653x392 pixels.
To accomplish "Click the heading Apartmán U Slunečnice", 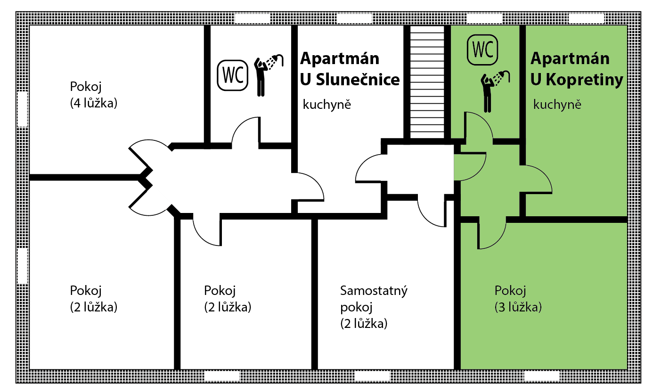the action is [x=350, y=69].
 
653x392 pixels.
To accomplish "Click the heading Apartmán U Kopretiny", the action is [x=577, y=69].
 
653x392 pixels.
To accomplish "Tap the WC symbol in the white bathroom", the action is [x=233, y=75].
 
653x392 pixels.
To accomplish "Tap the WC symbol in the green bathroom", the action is [x=482, y=49].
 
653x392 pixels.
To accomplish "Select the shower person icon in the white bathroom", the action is [x=268, y=75].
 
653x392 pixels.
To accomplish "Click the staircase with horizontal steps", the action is [x=427, y=82].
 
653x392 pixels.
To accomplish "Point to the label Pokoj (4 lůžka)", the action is [x=94, y=95].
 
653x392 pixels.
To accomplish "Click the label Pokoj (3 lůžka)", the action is [x=518, y=299].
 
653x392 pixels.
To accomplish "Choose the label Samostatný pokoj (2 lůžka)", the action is [x=374, y=307].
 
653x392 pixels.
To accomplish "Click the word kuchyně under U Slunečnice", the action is [x=327, y=104].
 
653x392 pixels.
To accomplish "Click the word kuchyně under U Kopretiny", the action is [x=557, y=104].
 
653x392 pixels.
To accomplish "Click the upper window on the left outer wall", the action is [x=23, y=109].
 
